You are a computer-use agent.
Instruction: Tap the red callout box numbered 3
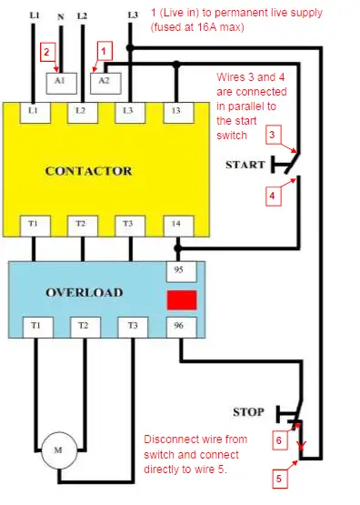click(271, 136)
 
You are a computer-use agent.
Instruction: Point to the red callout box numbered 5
click(279, 476)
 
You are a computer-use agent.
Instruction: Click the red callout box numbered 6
click(280, 439)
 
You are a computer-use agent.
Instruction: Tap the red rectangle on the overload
click(183, 300)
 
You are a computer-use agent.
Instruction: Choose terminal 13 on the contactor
click(178, 111)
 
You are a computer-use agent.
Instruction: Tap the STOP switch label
click(248, 411)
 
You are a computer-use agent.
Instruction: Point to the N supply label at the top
click(60, 15)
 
